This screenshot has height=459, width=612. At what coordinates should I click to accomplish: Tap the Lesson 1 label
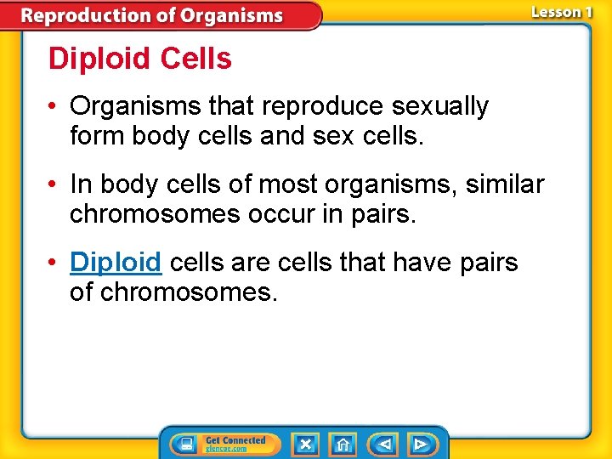tap(561, 13)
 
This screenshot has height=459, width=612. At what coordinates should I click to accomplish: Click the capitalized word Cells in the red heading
tap(195, 59)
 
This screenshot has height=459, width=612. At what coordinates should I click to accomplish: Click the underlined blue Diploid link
tap(116, 262)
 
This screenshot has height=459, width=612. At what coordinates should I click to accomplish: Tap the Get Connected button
tap(224, 444)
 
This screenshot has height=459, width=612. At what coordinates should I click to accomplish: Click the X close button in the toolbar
tap(305, 444)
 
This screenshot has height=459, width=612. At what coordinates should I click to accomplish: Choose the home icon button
tap(343, 444)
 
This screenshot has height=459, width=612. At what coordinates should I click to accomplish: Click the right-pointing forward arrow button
tap(420, 444)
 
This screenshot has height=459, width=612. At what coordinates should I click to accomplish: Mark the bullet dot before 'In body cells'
tap(54, 184)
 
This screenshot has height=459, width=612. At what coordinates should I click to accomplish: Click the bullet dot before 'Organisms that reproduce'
tap(54, 107)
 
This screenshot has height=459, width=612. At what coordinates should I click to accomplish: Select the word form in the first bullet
tap(98, 136)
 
